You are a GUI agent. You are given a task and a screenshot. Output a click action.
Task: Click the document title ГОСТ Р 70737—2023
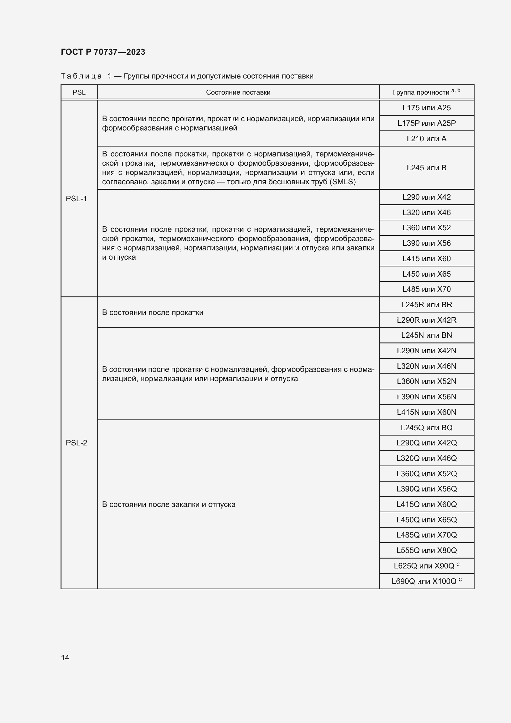[x=103, y=52]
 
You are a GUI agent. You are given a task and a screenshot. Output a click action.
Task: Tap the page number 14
[x=65, y=657]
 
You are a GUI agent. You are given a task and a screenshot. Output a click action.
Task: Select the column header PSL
[x=79, y=92]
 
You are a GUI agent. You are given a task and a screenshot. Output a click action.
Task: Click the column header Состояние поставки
[x=238, y=92]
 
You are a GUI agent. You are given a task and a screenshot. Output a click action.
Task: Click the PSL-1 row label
[x=76, y=199]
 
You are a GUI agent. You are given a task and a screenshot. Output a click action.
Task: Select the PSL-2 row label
[x=76, y=443]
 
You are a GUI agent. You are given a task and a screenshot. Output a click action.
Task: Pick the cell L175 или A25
[x=426, y=108]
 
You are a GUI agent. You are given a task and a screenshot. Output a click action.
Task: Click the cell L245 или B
[x=426, y=168]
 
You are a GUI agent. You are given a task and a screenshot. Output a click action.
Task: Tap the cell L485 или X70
[x=426, y=289]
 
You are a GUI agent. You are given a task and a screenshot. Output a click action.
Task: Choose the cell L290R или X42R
[x=426, y=320]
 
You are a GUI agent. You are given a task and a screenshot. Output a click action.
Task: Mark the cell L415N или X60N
[x=426, y=412]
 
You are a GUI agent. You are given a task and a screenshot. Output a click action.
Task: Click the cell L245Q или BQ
[x=426, y=427]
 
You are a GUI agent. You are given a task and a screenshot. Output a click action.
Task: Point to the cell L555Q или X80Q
[x=426, y=551]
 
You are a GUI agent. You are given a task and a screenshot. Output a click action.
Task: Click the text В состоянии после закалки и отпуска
[x=169, y=504]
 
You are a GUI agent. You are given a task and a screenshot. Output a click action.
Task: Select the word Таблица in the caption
[x=81, y=76]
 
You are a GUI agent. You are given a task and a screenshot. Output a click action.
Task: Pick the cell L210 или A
[x=426, y=138]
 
